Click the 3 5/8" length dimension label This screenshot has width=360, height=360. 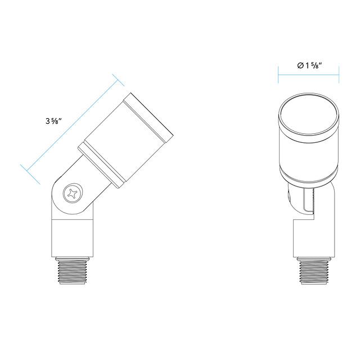point(54,120)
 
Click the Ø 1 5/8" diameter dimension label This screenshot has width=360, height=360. point(309,65)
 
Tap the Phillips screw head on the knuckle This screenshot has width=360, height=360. point(73,193)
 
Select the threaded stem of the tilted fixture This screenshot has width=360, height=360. point(73,272)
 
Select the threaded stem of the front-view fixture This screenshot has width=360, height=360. point(314,272)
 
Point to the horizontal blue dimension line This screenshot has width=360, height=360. point(309,75)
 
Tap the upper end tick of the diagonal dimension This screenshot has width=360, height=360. point(118,80)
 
